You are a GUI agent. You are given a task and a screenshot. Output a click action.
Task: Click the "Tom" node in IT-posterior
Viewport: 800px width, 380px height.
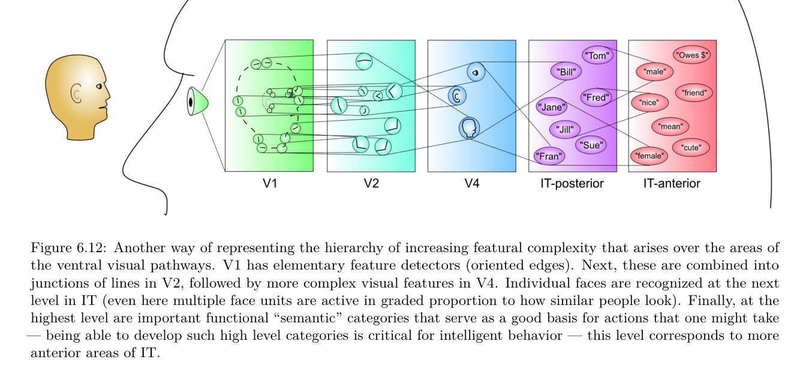[599, 56]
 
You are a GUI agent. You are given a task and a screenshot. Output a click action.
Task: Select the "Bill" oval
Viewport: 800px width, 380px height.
[566, 72]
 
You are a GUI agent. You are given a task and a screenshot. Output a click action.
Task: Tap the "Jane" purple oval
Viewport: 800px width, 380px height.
[551, 107]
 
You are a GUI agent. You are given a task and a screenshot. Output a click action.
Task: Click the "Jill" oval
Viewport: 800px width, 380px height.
[565, 129]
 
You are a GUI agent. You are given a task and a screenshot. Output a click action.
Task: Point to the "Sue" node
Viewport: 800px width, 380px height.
[591, 144]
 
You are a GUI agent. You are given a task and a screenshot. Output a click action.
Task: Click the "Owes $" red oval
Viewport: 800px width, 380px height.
[692, 55]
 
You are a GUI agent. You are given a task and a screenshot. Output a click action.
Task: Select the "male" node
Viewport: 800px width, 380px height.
[654, 72]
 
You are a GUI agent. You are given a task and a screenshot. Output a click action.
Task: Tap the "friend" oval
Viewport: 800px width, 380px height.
[694, 93]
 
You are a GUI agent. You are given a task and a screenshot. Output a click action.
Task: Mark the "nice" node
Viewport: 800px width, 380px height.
[649, 103]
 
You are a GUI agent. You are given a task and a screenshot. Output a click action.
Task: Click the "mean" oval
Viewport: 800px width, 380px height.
[670, 127]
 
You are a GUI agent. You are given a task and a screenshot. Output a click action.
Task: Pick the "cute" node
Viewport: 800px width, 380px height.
[691, 146]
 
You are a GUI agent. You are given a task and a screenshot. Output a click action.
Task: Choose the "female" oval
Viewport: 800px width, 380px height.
[649, 157]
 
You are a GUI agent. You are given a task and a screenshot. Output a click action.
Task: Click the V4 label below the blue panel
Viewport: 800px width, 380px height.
[472, 184]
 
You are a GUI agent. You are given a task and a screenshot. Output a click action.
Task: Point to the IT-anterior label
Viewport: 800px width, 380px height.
[672, 184]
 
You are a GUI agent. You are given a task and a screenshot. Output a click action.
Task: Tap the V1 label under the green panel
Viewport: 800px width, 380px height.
[269, 184]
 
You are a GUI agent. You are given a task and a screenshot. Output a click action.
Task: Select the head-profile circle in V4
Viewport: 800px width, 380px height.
[469, 127]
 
